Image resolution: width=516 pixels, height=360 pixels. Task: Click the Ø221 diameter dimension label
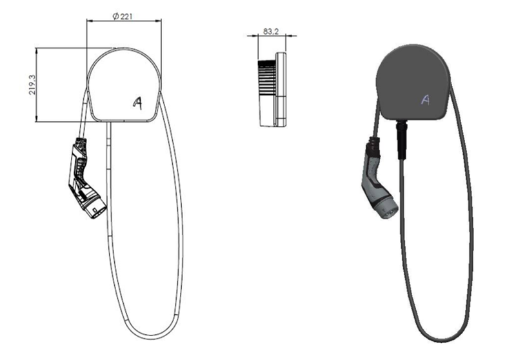pos(123,15)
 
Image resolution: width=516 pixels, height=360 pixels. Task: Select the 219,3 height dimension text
pos(32,85)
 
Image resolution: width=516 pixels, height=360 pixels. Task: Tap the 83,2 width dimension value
pos(271,31)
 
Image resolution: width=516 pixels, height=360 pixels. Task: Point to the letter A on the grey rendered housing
pos(426,99)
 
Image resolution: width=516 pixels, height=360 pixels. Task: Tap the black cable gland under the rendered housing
pos(402,139)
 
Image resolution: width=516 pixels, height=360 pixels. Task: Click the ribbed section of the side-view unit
pos(266,77)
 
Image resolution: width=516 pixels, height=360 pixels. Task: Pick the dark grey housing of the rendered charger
pos(413,83)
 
